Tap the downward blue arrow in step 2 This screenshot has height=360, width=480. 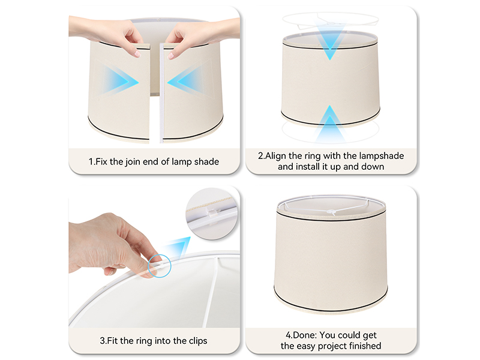click(330, 43)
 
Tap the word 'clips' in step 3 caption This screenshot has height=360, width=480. click(195, 341)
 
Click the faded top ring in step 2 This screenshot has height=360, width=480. click(330, 19)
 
